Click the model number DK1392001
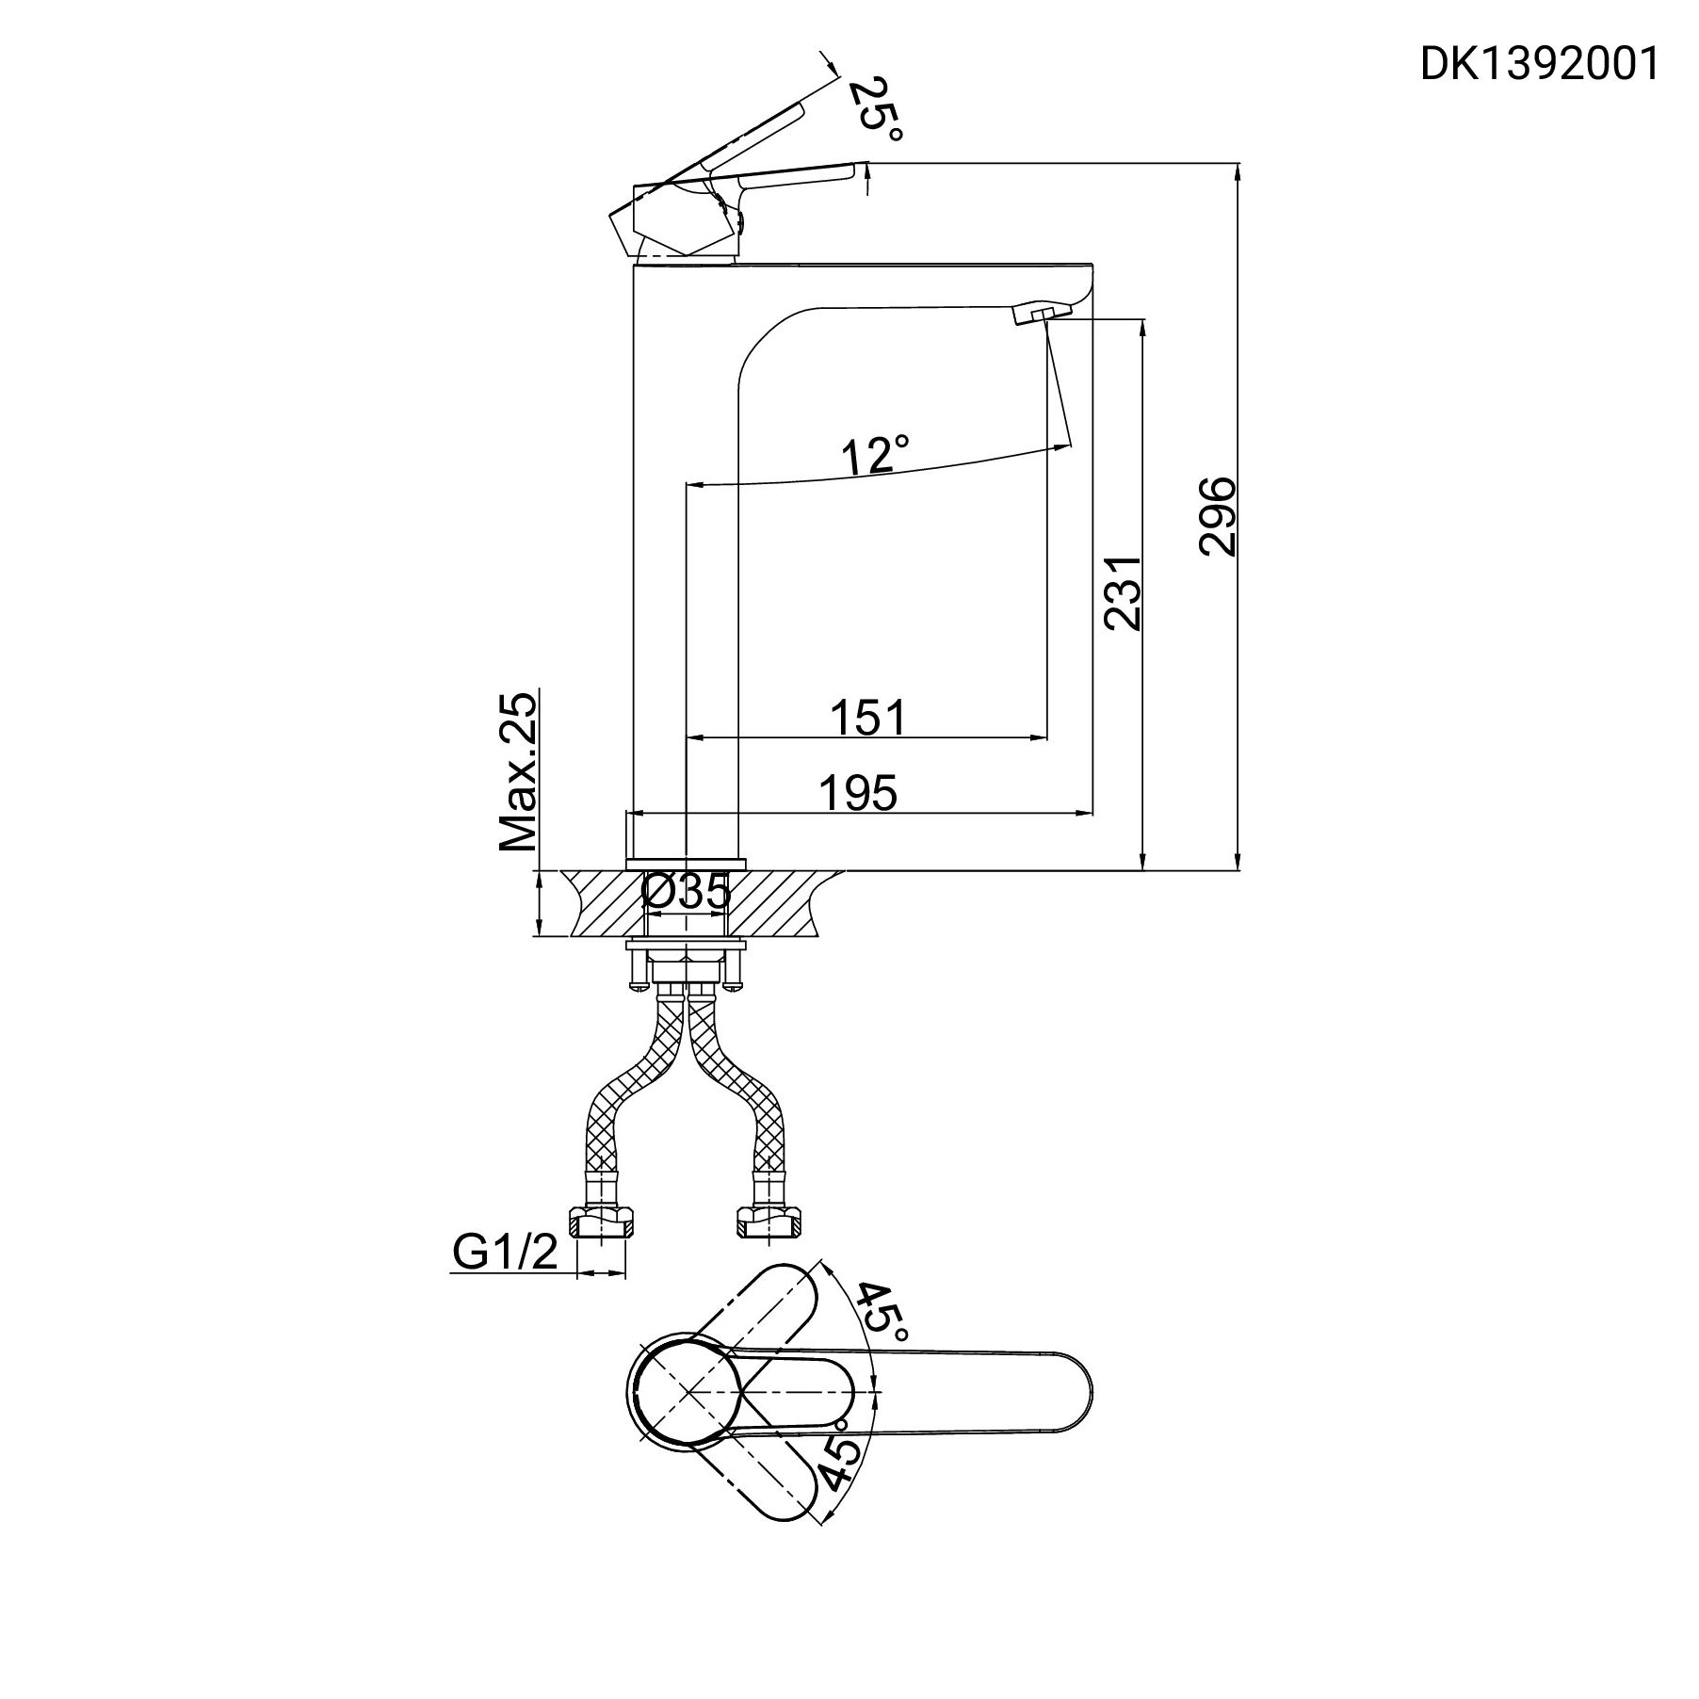1539,65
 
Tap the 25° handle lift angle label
875,109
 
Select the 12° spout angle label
875,455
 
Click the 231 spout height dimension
1123,592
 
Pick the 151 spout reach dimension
867,718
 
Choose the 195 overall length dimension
858,793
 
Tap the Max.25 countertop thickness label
519,772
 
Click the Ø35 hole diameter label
686,892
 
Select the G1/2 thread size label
505,1252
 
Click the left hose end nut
601,1224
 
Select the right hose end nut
769,1224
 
